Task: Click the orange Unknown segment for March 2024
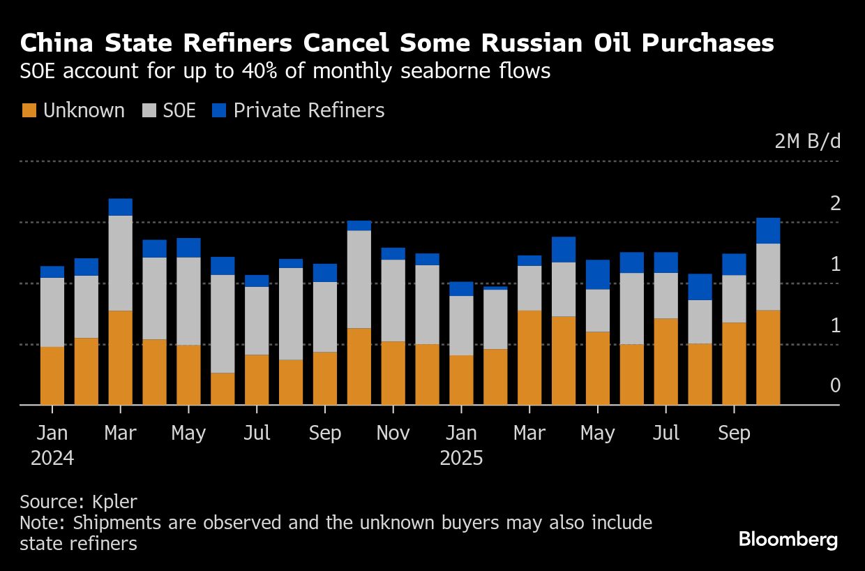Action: (121, 357)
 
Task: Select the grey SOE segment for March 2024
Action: (121, 263)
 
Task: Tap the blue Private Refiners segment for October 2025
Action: (768, 230)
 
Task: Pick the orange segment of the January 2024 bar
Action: (52, 376)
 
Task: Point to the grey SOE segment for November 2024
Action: (393, 300)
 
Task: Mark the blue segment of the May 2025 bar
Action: (597, 274)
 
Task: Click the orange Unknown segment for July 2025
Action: (665, 362)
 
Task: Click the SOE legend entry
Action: (170, 110)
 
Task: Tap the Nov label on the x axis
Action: (393, 433)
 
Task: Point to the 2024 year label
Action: (52, 459)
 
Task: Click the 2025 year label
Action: (461, 459)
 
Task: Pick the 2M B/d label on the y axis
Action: (808, 142)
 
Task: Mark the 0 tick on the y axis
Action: (836, 386)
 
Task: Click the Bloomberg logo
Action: (788, 540)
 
